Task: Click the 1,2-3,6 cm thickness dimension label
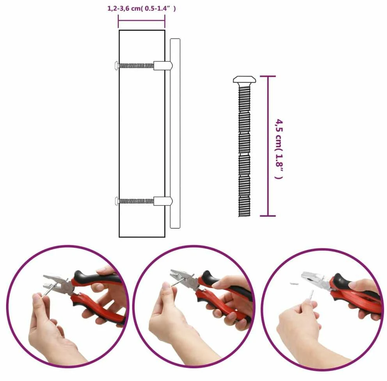(142, 9)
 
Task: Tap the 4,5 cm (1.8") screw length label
(279, 149)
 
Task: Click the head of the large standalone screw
(244, 80)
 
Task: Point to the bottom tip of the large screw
(244, 216)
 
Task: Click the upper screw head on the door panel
(117, 66)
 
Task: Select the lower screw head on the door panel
(117, 201)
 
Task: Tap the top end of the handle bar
(175, 39)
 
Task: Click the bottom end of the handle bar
(175, 227)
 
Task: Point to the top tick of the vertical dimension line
(268, 76)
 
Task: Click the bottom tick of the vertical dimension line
(268, 216)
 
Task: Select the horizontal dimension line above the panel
(142, 21)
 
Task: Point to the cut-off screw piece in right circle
(294, 284)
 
